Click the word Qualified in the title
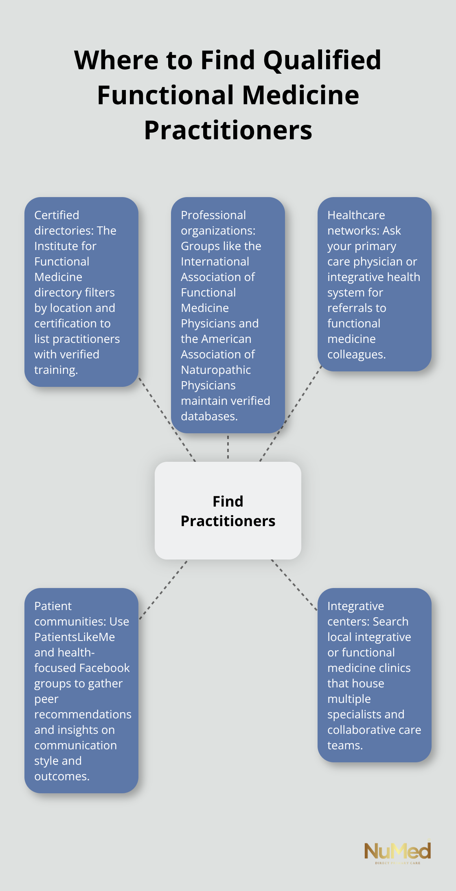click(x=322, y=60)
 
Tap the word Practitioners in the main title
click(x=228, y=130)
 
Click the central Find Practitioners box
click(x=228, y=511)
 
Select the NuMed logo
click(x=397, y=852)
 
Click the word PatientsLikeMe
click(x=75, y=637)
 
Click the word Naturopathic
click(x=216, y=370)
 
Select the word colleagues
click(x=356, y=354)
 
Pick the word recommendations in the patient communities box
click(x=83, y=714)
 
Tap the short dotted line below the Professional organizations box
click(x=228, y=447)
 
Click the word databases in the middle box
click(x=209, y=416)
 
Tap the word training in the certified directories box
click(x=55, y=370)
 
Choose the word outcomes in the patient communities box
click(x=61, y=776)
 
